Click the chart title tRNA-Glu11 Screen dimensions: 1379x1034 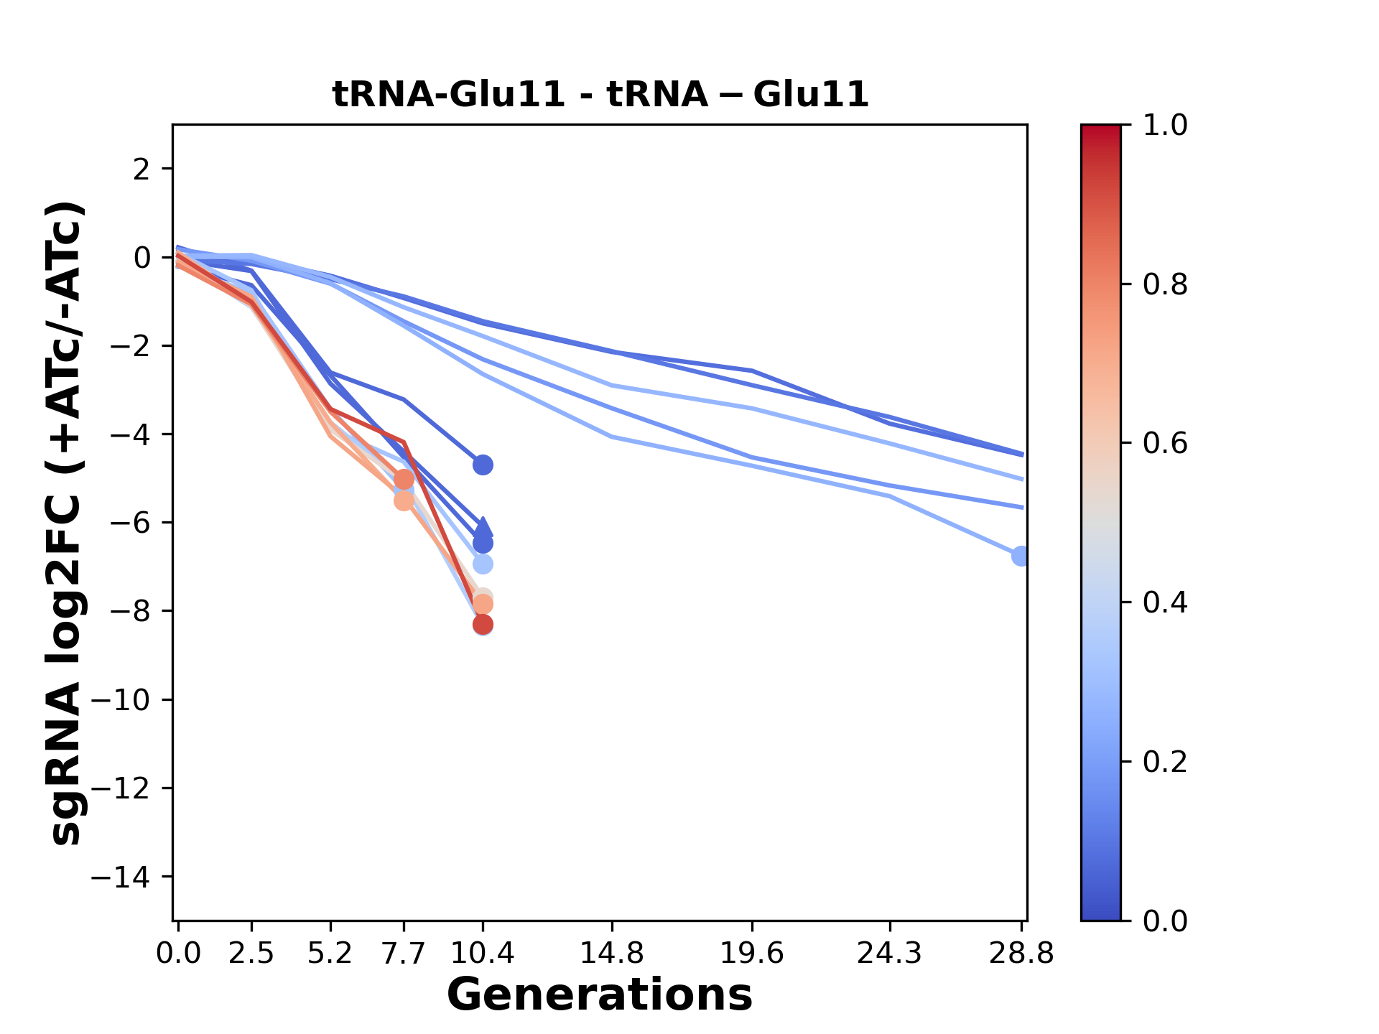(x=600, y=94)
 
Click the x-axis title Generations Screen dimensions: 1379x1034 (x=600, y=995)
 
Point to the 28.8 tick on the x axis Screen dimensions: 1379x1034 (x=1022, y=954)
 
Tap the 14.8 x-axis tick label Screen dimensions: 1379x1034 (x=612, y=954)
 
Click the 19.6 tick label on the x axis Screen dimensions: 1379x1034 (x=752, y=954)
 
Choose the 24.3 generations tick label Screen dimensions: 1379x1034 (x=890, y=954)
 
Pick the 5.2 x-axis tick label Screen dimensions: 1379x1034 (x=330, y=954)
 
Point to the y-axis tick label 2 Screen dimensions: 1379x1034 (x=142, y=169)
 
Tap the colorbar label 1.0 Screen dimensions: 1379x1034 (x=1165, y=126)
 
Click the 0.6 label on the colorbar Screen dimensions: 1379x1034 (x=1165, y=444)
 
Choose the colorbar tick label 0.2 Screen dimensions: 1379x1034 (x=1165, y=762)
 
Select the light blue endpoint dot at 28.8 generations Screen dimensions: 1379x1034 (x=1021, y=556)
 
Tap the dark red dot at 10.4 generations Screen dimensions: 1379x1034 (x=483, y=625)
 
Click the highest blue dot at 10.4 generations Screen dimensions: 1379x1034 (x=483, y=465)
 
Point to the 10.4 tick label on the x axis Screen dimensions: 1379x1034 (x=483, y=954)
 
